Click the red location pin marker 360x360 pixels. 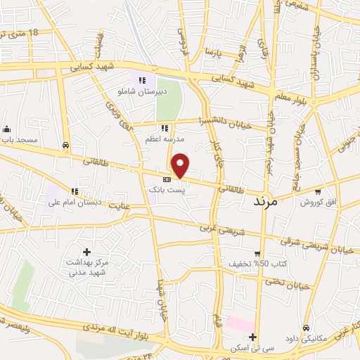[x=181, y=165]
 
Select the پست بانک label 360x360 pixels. [x=165, y=191]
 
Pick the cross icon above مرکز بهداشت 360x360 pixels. [x=86, y=251]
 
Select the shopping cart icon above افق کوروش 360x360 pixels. [x=318, y=191]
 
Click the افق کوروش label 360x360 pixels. [x=319, y=202]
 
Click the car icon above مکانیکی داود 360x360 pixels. [x=306, y=328]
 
